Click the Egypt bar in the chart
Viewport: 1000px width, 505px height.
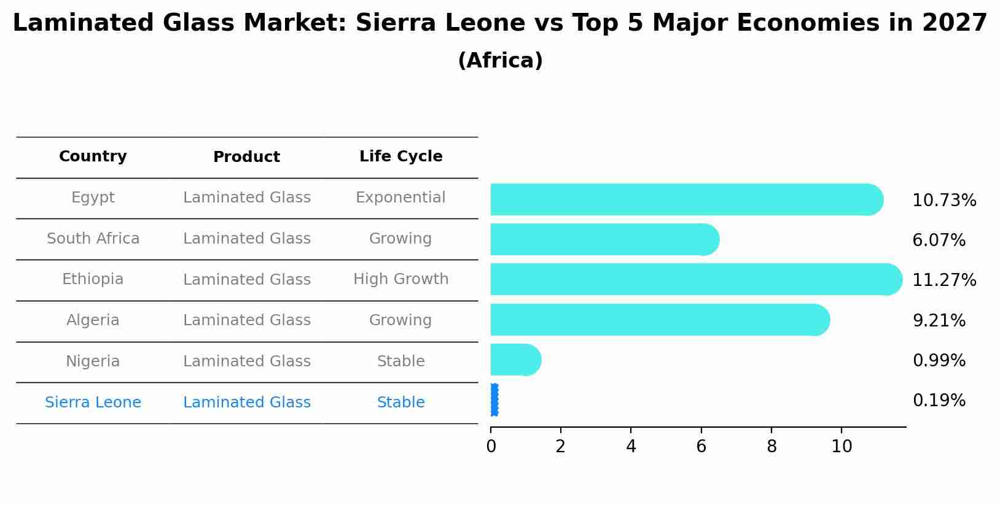[x=685, y=199]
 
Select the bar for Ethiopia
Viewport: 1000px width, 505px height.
[x=694, y=279]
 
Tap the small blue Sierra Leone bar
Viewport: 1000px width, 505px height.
[x=494, y=400]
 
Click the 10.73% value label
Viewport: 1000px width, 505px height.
[x=943, y=201]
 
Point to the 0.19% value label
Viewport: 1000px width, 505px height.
[x=939, y=401]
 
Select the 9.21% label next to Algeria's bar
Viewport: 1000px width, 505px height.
[x=939, y=321]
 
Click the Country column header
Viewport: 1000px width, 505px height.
[x=93, y=156]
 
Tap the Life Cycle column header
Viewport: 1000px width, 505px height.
[x=400, y=156]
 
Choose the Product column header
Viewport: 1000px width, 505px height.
[x=246, y=157]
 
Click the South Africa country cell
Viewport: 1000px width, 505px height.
[x=93, y=239]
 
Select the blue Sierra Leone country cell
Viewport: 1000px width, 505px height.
[x=93, y=403]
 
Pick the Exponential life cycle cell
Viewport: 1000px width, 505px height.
[x=400, y=198]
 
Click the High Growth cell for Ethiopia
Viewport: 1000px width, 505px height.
[x=400, y=279]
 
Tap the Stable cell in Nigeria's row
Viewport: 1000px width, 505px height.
[x=400, y=361]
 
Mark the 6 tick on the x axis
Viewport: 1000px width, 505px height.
[x=701, y=447]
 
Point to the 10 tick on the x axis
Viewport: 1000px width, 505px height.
[x=842, y=447]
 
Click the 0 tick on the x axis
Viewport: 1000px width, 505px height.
[x=491, y=447]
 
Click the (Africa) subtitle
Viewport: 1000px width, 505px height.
[x=500, y=61]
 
